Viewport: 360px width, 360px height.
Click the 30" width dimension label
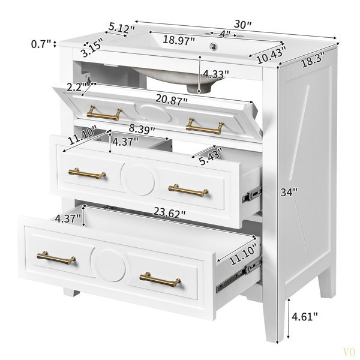(x=242, y=24)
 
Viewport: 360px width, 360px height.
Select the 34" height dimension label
(x=289, y=192)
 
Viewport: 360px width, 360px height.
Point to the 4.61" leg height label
(x=305, y=317)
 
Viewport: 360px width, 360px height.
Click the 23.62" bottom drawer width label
(x=169, y=212)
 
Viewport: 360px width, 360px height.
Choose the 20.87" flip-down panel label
(x=172, y=100)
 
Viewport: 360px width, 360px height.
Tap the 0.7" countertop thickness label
(x=41, y=44)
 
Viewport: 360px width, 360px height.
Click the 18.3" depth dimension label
(x=313, y=59)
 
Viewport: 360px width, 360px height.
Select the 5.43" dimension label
(x=211, y=157)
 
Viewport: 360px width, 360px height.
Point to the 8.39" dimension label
(x=142, y=129)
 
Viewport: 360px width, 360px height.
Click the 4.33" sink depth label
(x=216, y=74)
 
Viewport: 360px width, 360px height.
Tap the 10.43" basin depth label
(x=271, y=55)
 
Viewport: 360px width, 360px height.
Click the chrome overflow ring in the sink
(x=213, y=46)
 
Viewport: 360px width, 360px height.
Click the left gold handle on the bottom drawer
(x=56, y=258)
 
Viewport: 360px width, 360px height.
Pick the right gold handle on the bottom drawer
(x=160, y=280)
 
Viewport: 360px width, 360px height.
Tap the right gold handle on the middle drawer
(x=188, y=190)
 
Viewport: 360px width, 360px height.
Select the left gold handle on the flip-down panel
(x=104, y=113)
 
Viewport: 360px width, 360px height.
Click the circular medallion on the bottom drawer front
(x=108, y=265)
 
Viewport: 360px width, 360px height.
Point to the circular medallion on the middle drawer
(x=137, y=180)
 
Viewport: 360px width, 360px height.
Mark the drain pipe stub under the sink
(x=199, y=88)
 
